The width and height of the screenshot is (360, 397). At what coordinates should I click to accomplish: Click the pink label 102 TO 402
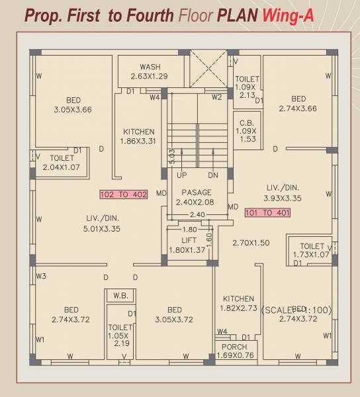[123, 195]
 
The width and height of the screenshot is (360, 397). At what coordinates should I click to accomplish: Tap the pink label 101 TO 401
[267, 212]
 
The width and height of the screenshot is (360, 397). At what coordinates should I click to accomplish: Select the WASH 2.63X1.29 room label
[150, 72]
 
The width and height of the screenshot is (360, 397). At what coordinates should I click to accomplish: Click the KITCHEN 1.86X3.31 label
[138, 136]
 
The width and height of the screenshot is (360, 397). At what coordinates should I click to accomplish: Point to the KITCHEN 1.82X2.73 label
[238, 304]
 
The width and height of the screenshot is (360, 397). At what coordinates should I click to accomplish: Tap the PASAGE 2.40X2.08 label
[196, 197]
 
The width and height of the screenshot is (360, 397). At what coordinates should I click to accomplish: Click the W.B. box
[120, 295]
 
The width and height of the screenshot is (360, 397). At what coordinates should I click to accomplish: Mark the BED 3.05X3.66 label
[72, 104]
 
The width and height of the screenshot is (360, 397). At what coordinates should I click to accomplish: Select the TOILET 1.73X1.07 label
[311, 250]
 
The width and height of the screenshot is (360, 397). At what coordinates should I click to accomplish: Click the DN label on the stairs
[213, 175]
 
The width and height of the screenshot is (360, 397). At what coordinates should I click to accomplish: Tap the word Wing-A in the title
[287, 15]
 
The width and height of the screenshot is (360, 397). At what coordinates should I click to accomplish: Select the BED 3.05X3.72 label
[175, 314]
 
